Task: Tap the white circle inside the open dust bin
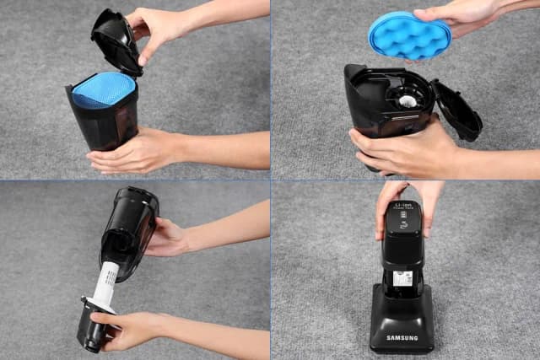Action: (x=406, y=99)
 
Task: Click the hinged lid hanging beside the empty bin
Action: (x=456, y=109)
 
